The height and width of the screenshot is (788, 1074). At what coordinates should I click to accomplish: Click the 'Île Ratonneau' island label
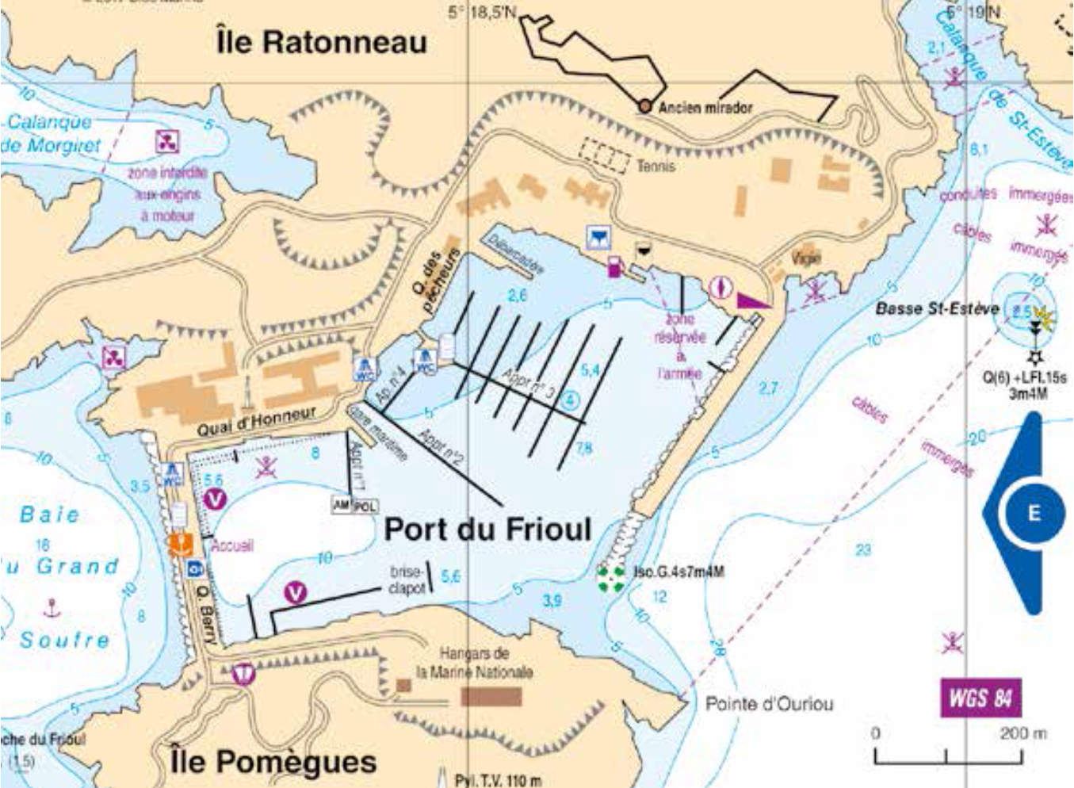321,41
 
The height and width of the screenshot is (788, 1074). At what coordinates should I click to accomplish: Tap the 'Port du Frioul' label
487,529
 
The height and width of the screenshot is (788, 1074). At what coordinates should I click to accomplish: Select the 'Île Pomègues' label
273,762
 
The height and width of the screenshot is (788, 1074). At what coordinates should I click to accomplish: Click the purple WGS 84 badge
980,698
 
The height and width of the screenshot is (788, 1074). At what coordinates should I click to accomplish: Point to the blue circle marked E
1033,513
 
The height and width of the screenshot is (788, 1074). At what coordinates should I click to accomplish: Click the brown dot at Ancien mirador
645,106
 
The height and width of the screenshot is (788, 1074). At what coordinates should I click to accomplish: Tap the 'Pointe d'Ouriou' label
769,704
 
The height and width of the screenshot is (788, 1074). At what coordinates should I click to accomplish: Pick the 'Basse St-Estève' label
937,308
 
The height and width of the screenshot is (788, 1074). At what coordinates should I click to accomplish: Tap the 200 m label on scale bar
1022,733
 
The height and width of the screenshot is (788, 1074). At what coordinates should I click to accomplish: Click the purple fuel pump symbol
614,267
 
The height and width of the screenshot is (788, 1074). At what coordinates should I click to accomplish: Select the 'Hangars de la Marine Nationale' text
474,663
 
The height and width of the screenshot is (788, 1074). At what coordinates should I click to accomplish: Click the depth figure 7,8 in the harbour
583,449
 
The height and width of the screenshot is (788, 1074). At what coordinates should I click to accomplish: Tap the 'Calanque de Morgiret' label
52,134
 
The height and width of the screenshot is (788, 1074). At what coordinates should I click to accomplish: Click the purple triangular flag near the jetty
751,300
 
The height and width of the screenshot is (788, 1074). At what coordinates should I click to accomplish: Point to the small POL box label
364,506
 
